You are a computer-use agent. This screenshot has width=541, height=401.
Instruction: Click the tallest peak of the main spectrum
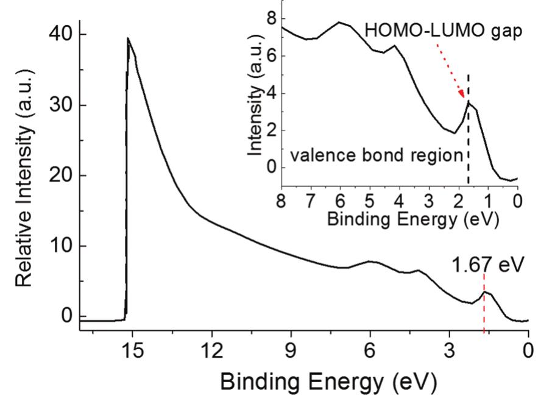(x=128, y=38)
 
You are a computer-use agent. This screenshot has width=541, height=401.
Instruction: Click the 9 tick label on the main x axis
(x=291, y=350)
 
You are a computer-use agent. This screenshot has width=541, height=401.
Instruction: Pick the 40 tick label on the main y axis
(x=62, y=35)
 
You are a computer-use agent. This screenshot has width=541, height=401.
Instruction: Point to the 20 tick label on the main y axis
(x=62, y=176)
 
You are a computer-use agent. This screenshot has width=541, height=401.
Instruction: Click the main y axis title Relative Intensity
(x=26, y=177)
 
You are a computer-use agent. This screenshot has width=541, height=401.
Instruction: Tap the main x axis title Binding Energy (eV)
(x=328, y=382)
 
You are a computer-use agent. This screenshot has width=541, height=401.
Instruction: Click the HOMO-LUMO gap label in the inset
(x=444, y=32)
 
